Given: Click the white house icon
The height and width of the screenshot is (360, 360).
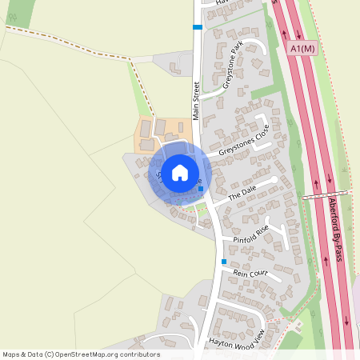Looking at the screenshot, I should coord(180,172).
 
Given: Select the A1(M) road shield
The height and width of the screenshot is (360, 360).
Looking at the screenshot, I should coord(303,50).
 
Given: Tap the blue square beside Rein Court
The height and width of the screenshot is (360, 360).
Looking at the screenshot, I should coord(224,262).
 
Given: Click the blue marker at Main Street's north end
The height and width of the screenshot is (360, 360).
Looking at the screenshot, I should coord(197,27).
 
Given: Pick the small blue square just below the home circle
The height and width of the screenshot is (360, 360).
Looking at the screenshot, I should coord(200,189).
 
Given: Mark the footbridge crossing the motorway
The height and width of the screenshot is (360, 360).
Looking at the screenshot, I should coord(326,194).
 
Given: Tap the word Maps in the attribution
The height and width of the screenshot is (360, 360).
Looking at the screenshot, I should coord(12,354).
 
